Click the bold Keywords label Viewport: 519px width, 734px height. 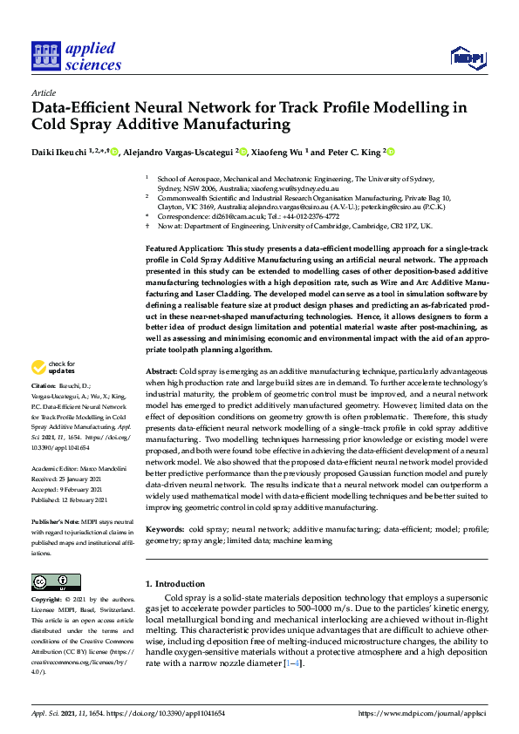point(165,529)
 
